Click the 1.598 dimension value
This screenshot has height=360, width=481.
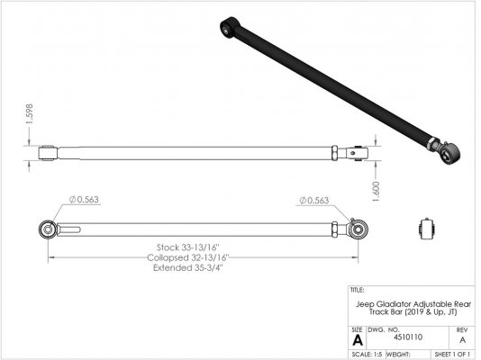30,114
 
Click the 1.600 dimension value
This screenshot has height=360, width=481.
377,192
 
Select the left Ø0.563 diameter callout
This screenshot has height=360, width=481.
84,200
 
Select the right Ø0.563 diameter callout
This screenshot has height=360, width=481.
314,201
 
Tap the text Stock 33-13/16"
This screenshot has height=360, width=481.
188,247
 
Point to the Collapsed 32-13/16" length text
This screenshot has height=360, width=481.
188,257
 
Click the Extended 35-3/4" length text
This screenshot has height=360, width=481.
188,268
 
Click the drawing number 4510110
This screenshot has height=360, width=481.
408,337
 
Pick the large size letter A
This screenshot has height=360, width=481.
358,340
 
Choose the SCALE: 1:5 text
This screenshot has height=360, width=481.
367,355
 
